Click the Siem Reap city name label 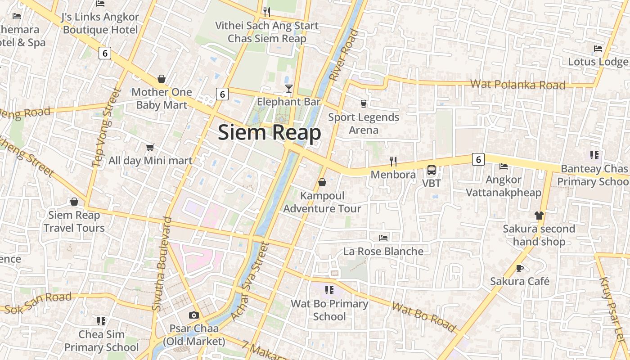click(x=269, y=133)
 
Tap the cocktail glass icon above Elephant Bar click(x=289, y=88)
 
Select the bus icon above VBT click(x=431, y=170)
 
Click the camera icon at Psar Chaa click(x=194, y=315)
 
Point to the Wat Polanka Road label click(x=517, y=85)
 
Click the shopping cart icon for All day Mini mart click(x=150, y=147)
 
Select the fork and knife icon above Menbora click(x=393, y=161)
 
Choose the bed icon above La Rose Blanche click(x=383, y=238)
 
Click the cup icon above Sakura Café click(x=520, y=268)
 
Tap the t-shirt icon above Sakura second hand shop click(x=539, y=215)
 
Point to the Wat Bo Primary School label click(x=329, y=310)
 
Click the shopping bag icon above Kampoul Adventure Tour click(x=322, y=182)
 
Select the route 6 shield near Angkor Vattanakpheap click(x=478, y=159)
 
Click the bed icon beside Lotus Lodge click(x=598, y=49)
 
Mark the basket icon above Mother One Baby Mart click(x=162, y=79)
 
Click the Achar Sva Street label click(x=249, y=281)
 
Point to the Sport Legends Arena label click(x=364, y=124)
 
